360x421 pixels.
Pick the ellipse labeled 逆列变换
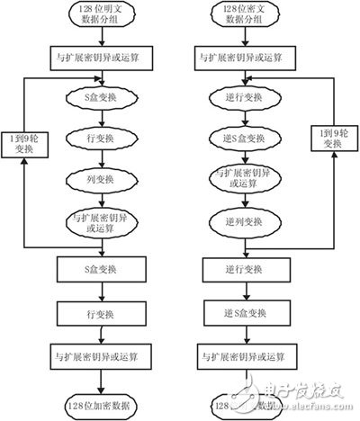244,219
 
